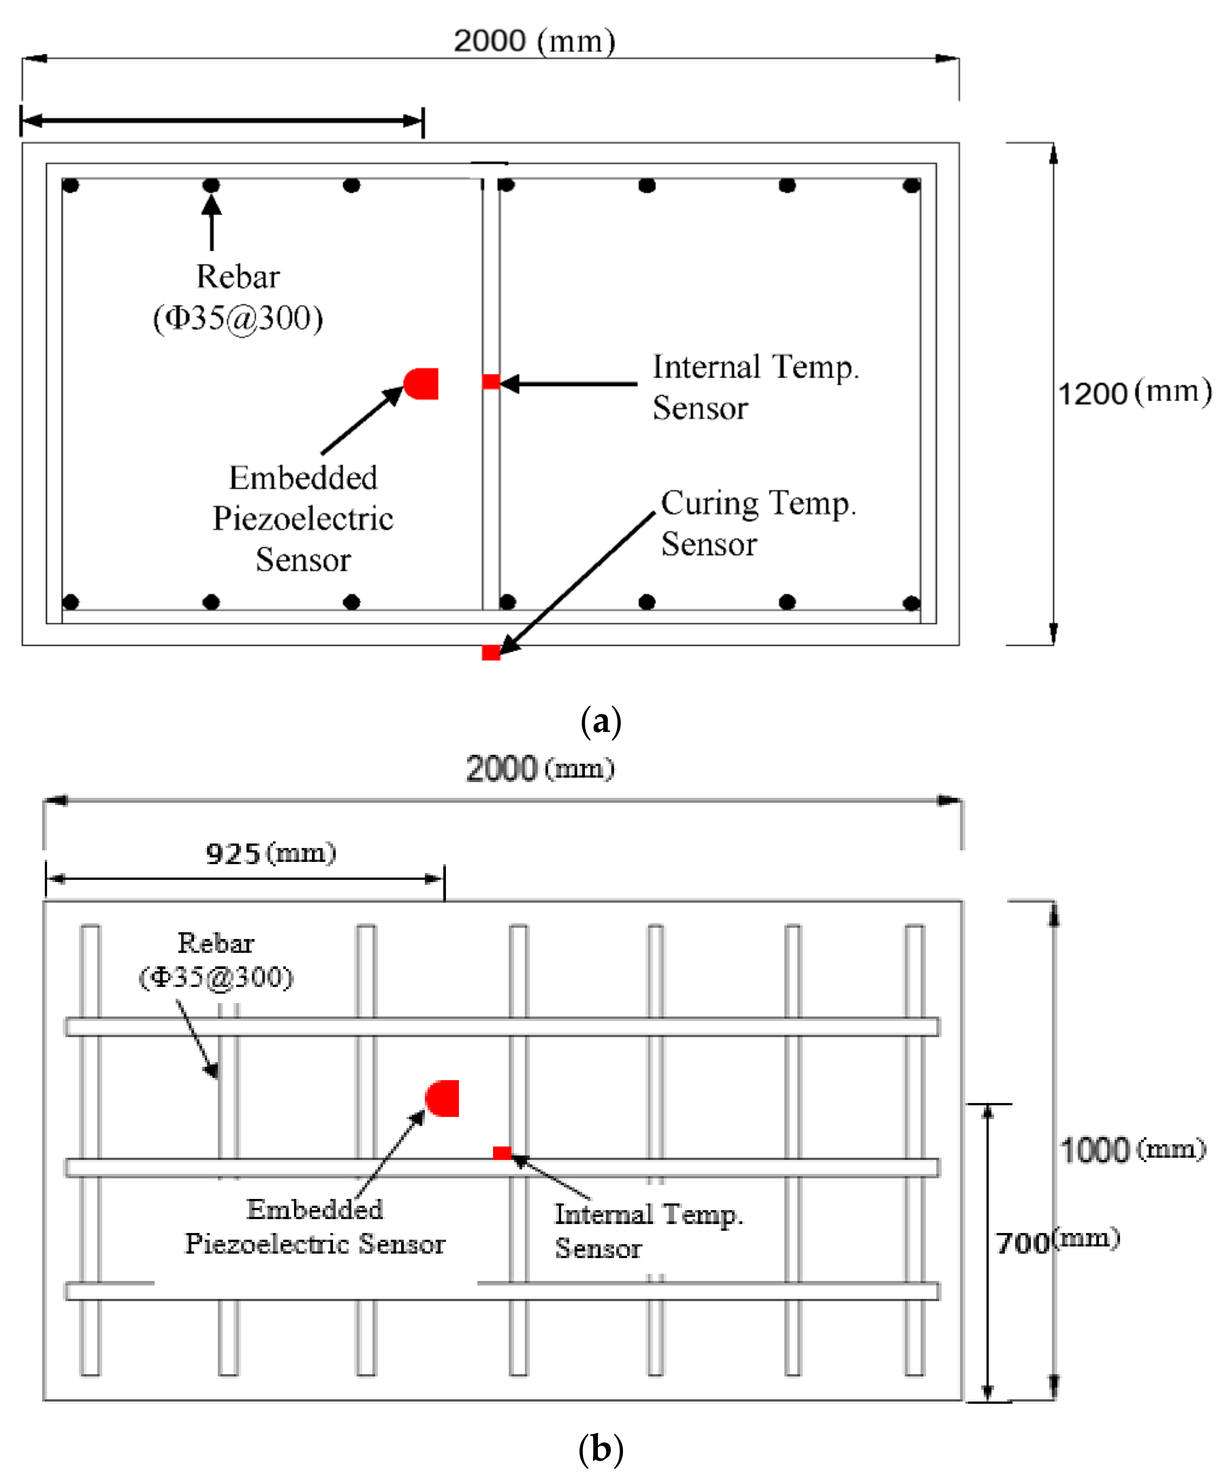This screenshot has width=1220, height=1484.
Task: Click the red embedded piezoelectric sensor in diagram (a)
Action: pos(422,384)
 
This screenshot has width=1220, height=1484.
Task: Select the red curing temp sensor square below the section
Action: pos(490,653)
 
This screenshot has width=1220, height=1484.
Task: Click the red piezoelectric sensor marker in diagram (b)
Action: pos(443,1098)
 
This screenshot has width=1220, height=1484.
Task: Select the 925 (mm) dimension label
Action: pos(271,853)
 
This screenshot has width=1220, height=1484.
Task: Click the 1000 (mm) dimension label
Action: pos(1131,1150)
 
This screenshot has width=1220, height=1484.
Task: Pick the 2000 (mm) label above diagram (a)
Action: pos(534,41)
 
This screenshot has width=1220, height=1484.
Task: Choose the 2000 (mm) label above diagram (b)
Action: pos(540,768)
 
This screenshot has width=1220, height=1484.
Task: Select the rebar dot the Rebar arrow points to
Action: pos(211,186)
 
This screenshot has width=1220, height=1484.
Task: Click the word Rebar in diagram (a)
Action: pos(238,276)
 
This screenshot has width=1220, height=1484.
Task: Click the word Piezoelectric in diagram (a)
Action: pos(303,519)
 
